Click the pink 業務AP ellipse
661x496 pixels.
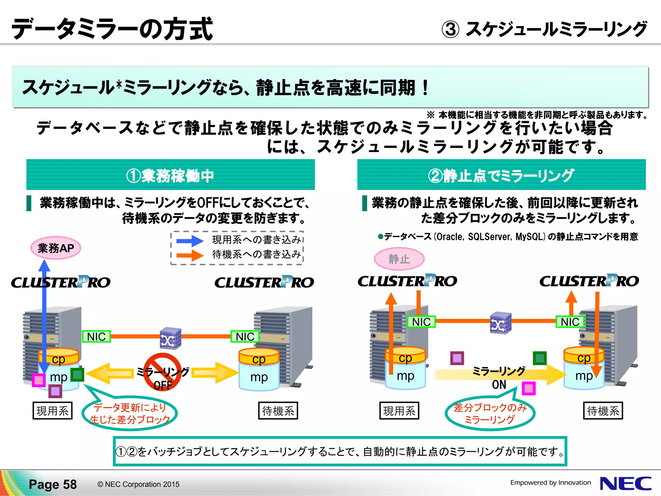click(x=56, y=248)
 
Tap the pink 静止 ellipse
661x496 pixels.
click(x=399, y=259)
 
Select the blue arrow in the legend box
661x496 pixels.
click(x=190, y=241)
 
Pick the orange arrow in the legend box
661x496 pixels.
click(x=190, y=255)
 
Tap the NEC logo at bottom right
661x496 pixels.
click(x=625, y=483)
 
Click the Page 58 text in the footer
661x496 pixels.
click(x=53, y=484)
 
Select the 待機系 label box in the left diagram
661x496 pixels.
click(x=278, y=411)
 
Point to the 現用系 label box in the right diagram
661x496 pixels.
click(x=399, y=411)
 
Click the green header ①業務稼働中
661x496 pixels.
click(x=170, y=175)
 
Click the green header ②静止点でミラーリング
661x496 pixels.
click(x=501, y=175)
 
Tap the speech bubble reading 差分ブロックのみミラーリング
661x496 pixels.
click(x=490, y=414)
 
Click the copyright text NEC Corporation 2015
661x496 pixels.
click(x=138, y=484)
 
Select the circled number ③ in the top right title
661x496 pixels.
click(x=450, y=29)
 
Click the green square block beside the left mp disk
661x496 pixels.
click(x=77, y=375)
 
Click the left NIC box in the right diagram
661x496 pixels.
click(x=421, y=322)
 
